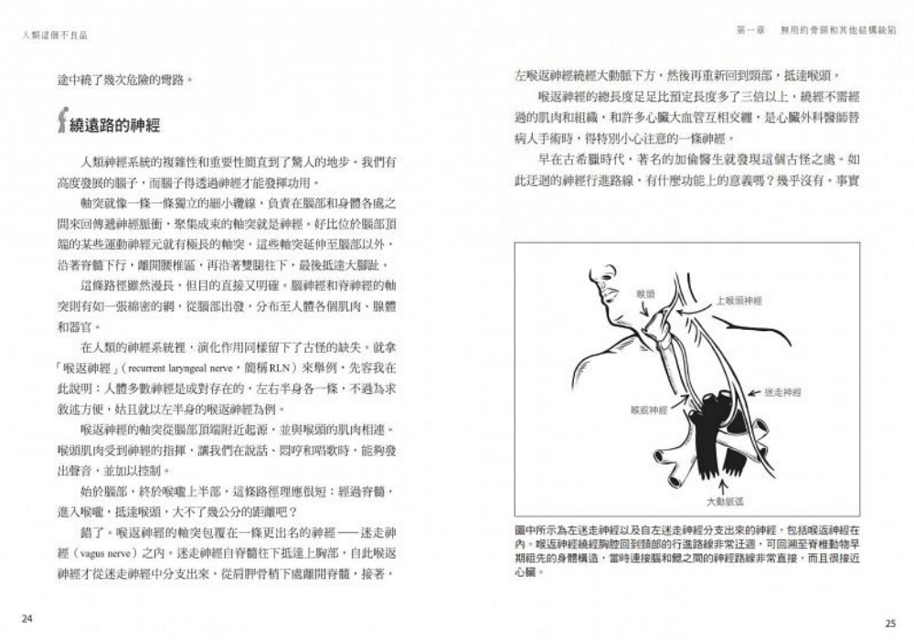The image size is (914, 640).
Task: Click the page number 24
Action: [27, 620]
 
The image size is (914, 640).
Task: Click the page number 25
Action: [889, 623]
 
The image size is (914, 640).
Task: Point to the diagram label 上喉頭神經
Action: [739, 300]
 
